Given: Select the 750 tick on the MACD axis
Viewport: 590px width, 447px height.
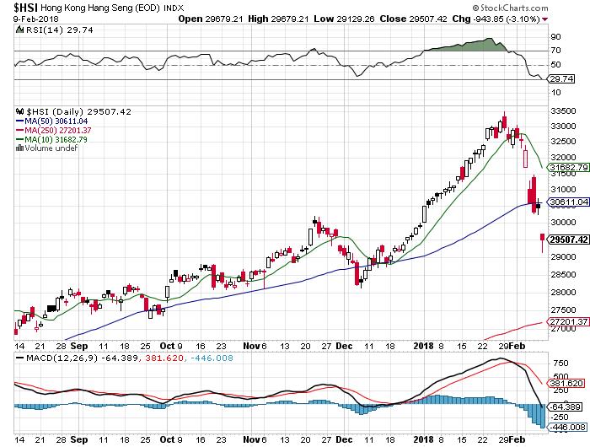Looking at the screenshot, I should [558, 363].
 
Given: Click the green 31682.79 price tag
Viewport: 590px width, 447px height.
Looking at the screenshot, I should [567, 169].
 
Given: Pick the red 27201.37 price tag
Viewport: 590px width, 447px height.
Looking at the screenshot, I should [567, 322].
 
